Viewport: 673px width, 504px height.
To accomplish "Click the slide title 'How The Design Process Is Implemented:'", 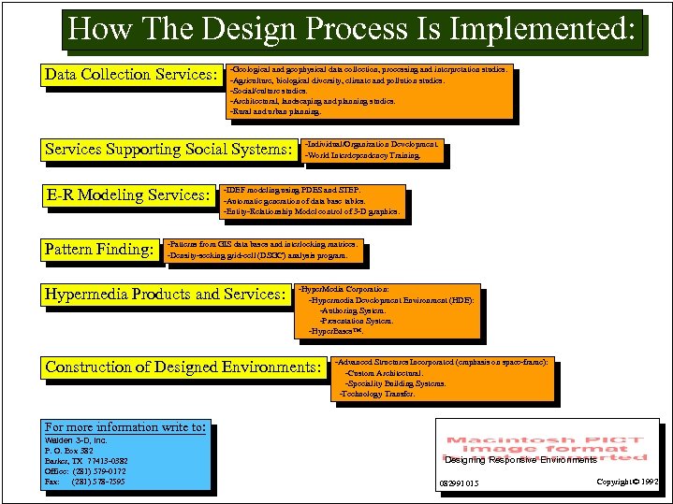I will pos(353,29).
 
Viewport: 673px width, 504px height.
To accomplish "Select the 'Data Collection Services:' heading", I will pos(130,75).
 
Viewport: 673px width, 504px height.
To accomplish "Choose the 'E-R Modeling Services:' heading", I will pos(128,195).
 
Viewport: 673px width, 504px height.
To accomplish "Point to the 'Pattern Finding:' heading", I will pos(99,250).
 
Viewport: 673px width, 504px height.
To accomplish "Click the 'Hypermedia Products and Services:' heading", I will pos(165,295).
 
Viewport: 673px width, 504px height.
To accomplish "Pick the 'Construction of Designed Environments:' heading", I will pos(183,367).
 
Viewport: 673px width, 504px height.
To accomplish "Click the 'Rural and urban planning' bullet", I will pos(275,111).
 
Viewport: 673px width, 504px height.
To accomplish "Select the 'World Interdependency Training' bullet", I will pos(362,156).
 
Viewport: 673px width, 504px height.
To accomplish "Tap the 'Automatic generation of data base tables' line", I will pos(294,201).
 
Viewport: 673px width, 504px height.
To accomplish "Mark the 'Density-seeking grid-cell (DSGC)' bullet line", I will pos(256,255).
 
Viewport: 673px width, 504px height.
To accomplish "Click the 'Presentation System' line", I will pos(357,321).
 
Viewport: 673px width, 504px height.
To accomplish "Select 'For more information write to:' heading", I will pos(124,427).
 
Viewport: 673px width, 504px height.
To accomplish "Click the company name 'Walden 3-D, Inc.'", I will pos(76,439).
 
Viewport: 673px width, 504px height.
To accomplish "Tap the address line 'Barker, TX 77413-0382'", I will pos(86,461).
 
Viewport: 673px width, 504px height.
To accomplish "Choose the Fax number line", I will pos(85,482).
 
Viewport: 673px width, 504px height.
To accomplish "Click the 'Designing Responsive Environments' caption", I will pos(520,460).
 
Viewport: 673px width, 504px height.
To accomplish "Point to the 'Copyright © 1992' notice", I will pos(628,482).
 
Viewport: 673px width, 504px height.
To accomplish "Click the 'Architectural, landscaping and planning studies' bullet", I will pos(313,101).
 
